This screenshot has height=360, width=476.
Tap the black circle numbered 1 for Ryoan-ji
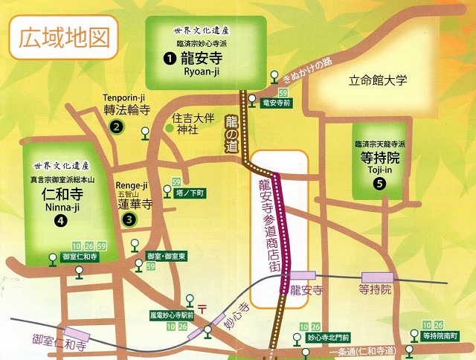coord(168,57)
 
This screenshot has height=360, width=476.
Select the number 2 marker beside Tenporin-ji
coord(117,127)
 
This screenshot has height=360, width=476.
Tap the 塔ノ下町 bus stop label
coord(187,193)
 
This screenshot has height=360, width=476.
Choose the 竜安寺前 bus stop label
coord(277,104)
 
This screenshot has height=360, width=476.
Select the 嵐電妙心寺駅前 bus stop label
coord(170,315)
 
